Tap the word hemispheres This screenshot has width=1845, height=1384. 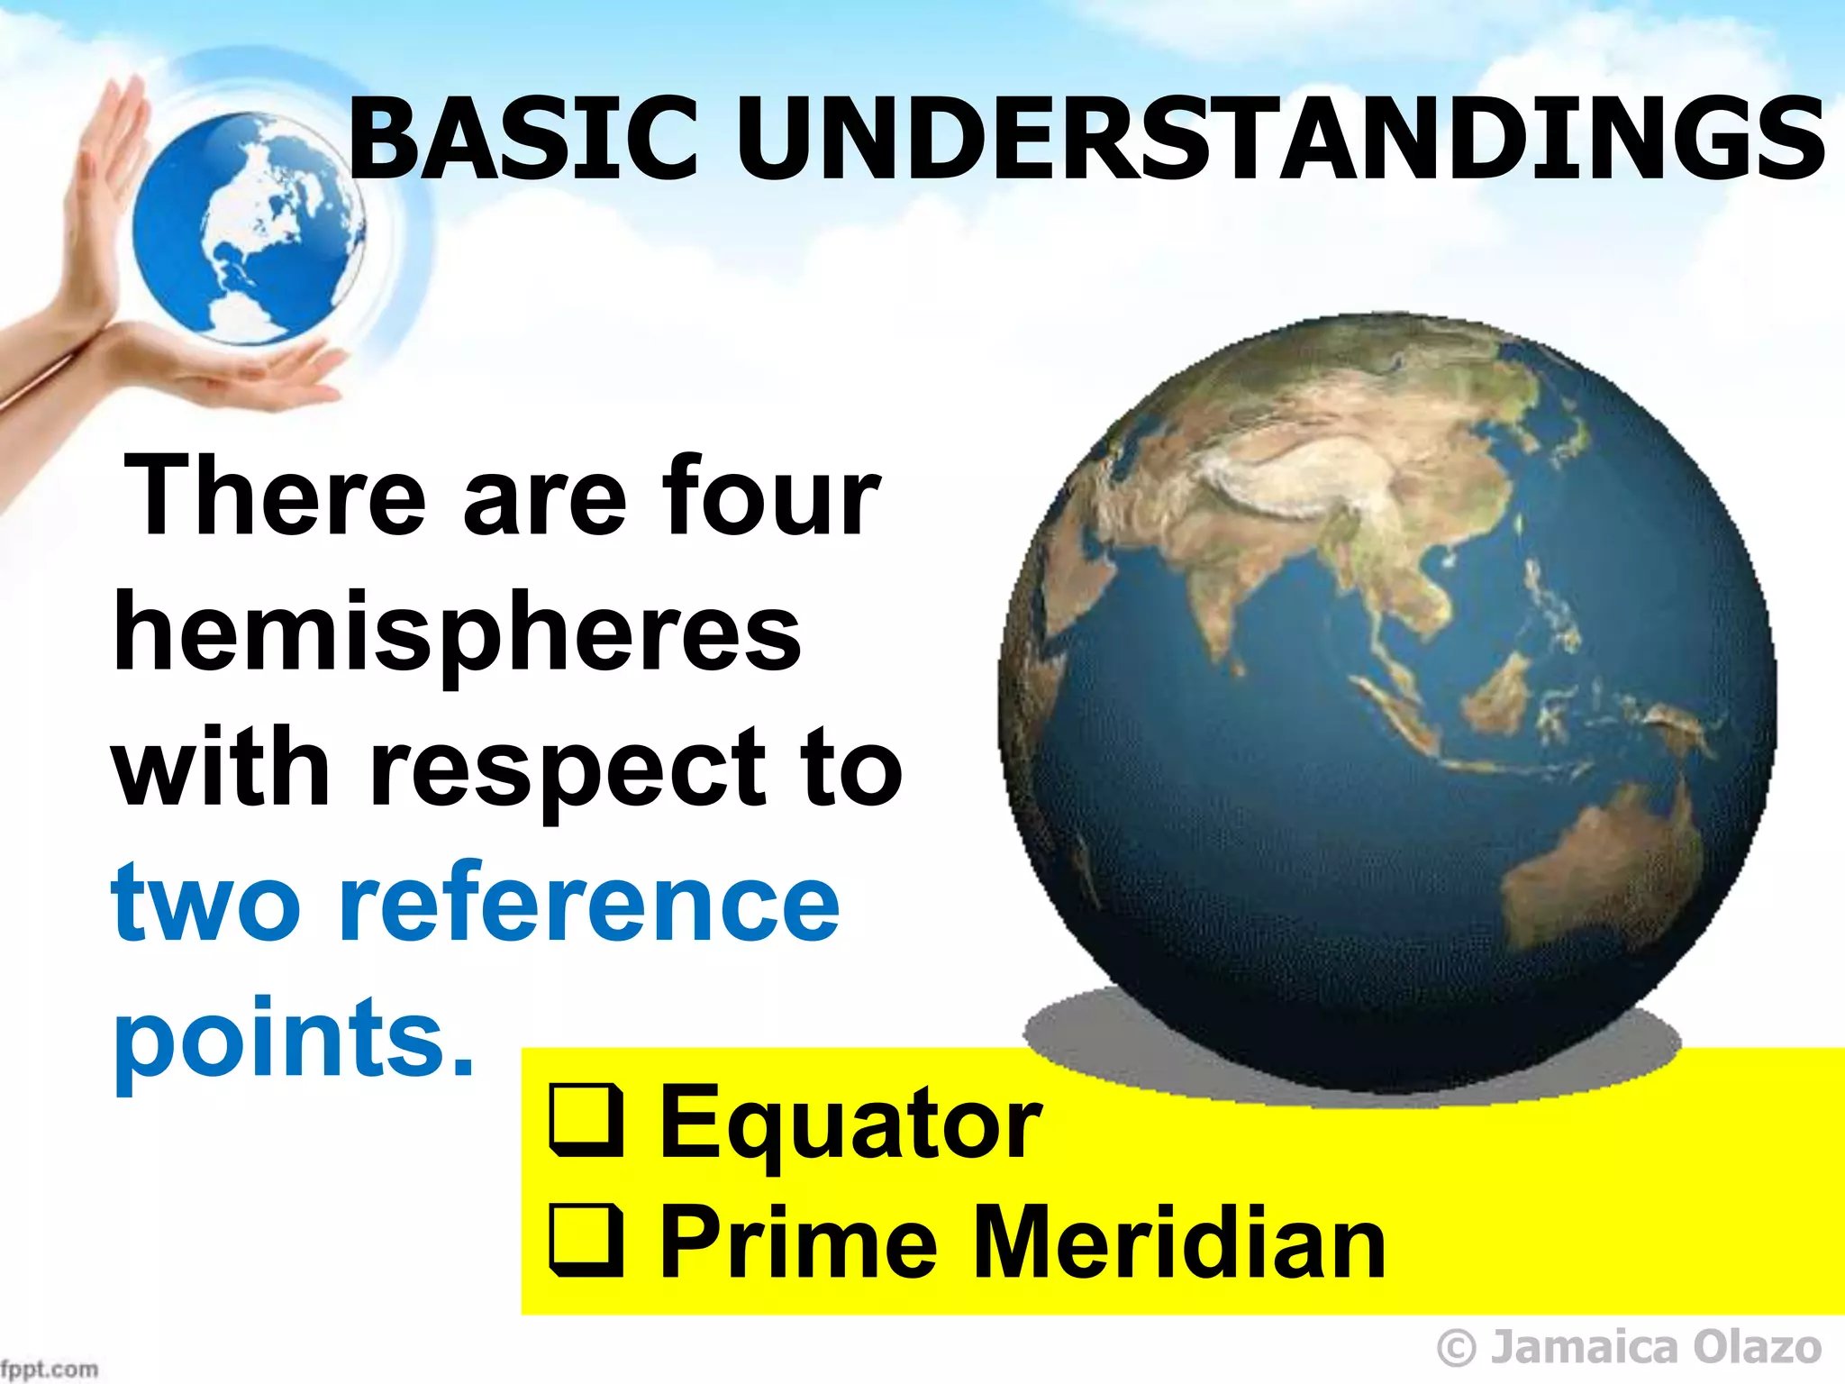(458, 635)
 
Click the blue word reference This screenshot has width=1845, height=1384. (590, 904)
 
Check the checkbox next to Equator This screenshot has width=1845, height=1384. (586, 1123)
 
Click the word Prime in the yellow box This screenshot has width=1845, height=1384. (797, 1243)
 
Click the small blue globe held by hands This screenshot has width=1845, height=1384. (248, 230)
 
